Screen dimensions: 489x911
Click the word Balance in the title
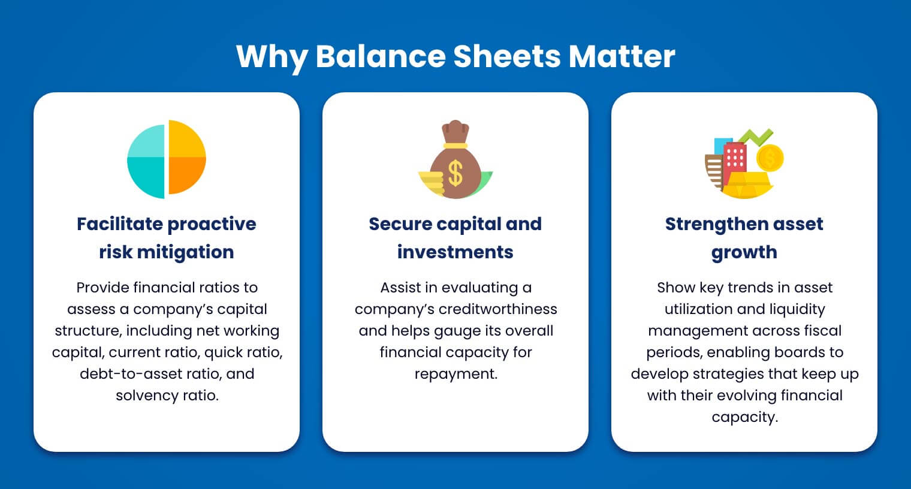380,56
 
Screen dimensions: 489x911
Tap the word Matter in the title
622,56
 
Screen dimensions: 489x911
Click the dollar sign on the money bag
455,173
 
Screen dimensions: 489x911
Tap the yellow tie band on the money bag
455,145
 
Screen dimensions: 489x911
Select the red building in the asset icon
735,162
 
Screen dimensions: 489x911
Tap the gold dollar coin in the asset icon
770,159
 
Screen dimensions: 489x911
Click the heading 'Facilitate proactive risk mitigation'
167,238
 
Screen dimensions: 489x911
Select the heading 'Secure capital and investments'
455,238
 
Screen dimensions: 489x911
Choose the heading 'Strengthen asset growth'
744,238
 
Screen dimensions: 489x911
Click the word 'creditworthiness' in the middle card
497,309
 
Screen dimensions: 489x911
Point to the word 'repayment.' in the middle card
455,374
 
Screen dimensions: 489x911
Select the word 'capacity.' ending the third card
744,417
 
